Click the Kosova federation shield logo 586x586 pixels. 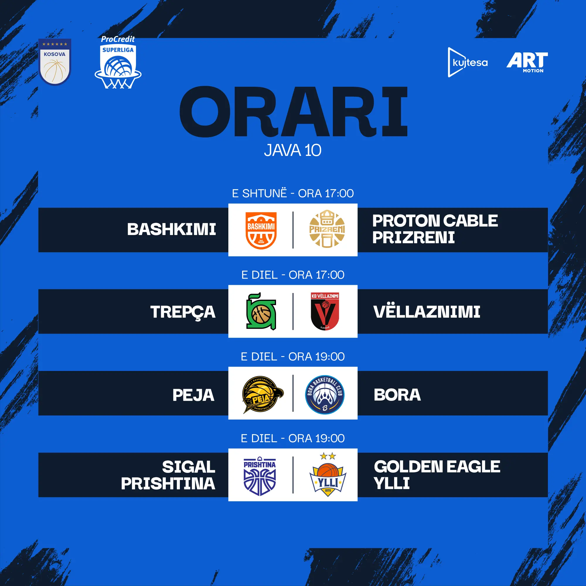tap(55, 62)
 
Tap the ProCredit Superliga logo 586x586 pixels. tap(118, 62)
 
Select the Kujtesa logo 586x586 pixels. tap(468, 62)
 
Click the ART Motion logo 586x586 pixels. tap(527, 62)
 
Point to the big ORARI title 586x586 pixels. tap(293, 112)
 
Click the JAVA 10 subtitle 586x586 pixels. tap(293, 150)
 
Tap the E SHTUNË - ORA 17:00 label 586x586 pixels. tap(293, 193)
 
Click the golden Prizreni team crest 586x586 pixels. tap(327, 229)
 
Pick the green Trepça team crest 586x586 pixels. tap(261, 311)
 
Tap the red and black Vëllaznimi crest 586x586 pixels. tap(325, 311)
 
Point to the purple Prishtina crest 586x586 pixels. tap(260, 476)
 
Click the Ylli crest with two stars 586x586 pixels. tap(328, 475)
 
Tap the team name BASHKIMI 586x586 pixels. tap(171, 229)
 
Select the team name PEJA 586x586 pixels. tap(193, 395)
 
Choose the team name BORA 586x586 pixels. tap(397, 395)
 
